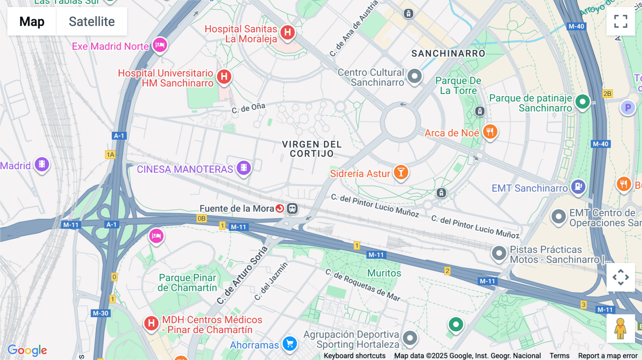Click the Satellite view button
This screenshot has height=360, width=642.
pyautogui.click(x=92, y=21)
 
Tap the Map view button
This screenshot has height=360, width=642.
pyautogui.click(x=32, y=21)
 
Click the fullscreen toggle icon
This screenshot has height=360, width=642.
pyautogui.click(x=621, y=21)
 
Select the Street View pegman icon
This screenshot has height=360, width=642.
pyautogui.click(x=620, y=328)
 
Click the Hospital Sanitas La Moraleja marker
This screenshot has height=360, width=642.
pyautogui.click(x=287, y=32)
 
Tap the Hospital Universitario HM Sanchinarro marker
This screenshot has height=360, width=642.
pyautogui.click(x=224, y=77)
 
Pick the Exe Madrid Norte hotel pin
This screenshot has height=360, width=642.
pyautogui.click(x=160, y=45)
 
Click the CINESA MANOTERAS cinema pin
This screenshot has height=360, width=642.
pyautogui.click(x=244, y=168)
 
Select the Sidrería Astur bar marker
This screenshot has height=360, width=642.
pyautogui.click(x=401, y=172)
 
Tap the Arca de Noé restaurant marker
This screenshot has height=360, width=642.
pyautogui.click(x=490, y=132)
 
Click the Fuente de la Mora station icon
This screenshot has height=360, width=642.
pyautogui.click(x=292, y=209)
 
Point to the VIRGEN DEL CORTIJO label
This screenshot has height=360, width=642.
pyautogui.click(x=312, y=149)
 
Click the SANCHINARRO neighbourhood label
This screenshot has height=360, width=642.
pyautogui.click(x=448, y=53)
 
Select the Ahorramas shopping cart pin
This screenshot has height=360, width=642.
pyautogui.click(x=290, y=344)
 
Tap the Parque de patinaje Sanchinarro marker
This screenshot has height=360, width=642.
pyautogui.click(x=582, y=102)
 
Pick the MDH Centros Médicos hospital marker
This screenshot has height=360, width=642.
pyautogui.click(x=151, y=323)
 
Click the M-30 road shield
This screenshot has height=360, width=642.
pyautogui.click(x=101, y=313)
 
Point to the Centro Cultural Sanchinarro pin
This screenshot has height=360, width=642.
pyautogui.click(x=414, y=76)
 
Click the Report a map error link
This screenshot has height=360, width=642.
pyautogui.click(x=607, y=356)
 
